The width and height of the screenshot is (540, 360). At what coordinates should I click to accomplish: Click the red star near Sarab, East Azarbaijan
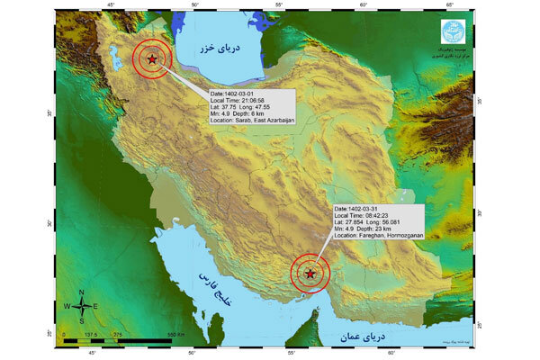[152, 59]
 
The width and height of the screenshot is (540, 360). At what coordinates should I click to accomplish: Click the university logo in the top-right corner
[454, 31]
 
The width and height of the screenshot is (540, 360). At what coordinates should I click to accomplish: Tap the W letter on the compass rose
[66, 306]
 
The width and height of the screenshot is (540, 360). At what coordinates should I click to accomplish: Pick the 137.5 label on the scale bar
[91, 334]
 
